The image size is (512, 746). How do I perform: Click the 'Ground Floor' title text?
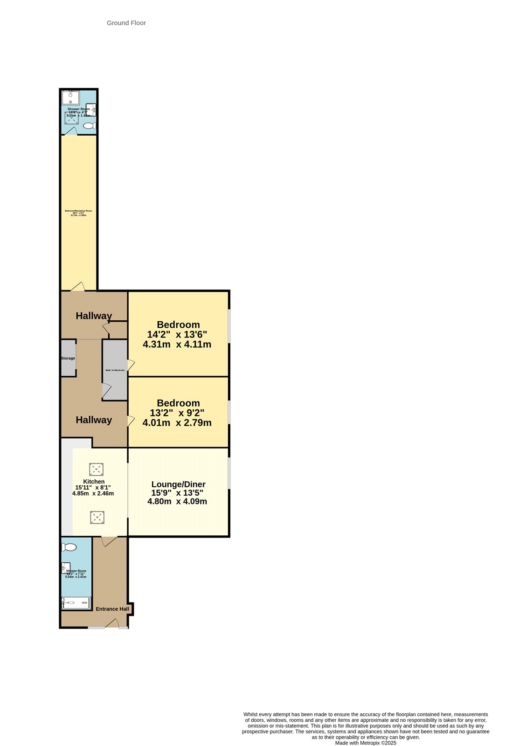[126, 23]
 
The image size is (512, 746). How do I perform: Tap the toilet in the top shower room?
[90, 126]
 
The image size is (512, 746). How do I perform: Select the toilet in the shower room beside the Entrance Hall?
[70, 547]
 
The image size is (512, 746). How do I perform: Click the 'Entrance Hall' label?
[112, 609]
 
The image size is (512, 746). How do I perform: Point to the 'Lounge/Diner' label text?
[178, 484]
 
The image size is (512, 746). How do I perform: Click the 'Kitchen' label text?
[94, 482]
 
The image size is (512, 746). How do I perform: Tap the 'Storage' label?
[68, 359]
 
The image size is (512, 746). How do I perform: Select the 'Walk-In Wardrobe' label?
[115, 370]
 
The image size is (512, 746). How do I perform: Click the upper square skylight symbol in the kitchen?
[96, 469]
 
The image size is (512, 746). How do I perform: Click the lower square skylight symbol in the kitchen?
[97, 517]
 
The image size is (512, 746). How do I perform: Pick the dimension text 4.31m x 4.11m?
[177, 345]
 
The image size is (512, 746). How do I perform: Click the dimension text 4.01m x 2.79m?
[177, 423]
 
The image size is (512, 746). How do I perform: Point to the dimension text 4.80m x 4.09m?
[177, 502]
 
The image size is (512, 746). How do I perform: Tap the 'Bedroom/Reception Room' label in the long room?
[78, 211]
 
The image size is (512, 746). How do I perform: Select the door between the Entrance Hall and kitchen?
[109, 541]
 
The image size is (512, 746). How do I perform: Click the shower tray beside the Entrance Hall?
[76, 603]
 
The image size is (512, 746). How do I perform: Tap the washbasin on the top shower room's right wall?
[92, 110]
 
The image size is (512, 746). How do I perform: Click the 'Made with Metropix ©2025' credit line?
[366, 743]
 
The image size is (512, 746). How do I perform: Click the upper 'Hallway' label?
[94, 316]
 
